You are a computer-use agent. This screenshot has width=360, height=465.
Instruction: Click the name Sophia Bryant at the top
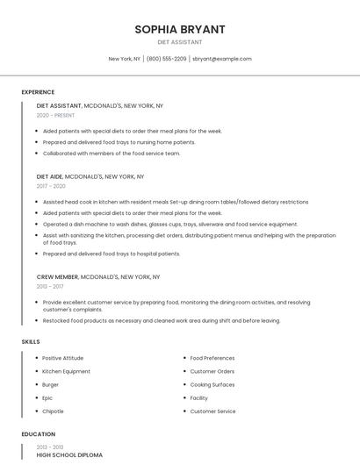[179, 29]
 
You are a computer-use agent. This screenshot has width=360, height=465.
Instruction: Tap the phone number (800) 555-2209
[166, 59]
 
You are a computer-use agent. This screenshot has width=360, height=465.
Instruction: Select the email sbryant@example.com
[222, 59]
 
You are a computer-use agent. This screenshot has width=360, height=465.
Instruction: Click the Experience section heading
[38, 92]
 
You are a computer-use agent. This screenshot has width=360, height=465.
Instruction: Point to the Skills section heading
[31, 341]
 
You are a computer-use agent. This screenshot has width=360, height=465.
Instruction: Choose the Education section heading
[38, 434]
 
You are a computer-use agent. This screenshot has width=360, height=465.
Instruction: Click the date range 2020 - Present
[55, 115]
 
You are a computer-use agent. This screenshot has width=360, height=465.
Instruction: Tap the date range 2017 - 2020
[51, 186]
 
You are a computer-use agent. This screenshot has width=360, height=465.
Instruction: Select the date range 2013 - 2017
[50, 286]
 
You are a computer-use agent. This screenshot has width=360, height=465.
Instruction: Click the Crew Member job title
[57, 276]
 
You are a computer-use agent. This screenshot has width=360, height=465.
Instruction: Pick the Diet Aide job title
[49, 176]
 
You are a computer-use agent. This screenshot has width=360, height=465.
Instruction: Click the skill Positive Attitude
[63, 358]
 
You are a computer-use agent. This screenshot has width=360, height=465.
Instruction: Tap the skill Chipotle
[54, 411]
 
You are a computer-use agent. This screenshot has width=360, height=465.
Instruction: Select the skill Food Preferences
[212, 358]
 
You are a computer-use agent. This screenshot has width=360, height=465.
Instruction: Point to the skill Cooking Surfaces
[212, 384]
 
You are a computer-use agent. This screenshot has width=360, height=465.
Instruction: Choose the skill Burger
[51, 384]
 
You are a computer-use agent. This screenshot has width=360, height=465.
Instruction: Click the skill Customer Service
[213, 411]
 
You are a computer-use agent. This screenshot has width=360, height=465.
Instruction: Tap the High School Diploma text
[69, 455]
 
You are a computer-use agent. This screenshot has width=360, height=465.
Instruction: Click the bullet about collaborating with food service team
[112, 154]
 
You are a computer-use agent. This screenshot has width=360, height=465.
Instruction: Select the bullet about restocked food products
[162, 320]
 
